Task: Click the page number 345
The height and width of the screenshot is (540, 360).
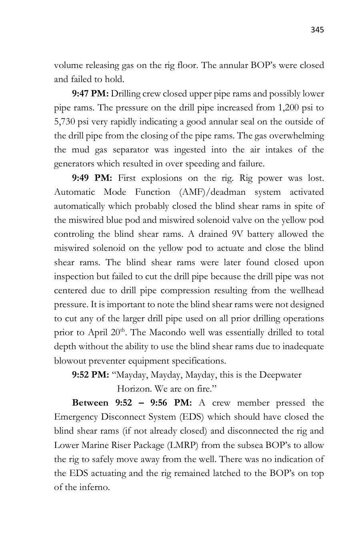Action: point(317,30)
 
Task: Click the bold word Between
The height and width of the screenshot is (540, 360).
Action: point(90,403)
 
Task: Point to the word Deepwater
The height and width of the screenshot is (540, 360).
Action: point(280,375)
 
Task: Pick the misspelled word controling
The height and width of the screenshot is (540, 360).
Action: point(74,234)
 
